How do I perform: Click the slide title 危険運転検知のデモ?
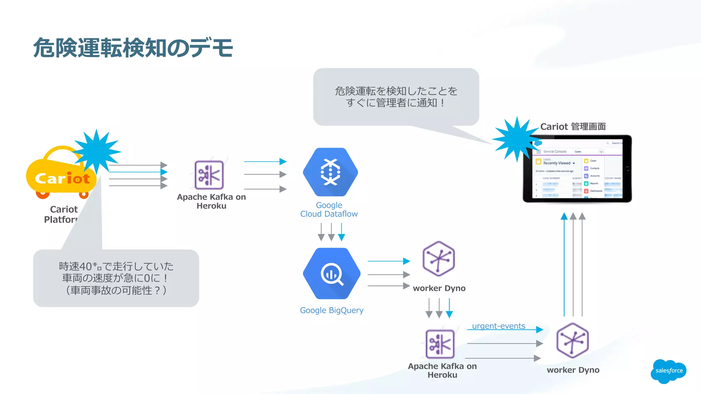(x=133, y=48)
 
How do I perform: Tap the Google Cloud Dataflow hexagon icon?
(x=330, y=172)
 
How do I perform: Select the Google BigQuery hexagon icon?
(x=331, y=273)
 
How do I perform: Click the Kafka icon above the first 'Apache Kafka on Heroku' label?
(x=209, y=175)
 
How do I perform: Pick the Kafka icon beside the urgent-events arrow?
(x=440, y=344)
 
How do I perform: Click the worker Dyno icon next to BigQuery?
(x=439, y=259)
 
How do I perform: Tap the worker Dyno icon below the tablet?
(x=573, y=340)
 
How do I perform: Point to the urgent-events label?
(x=498, y=326)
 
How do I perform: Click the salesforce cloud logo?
(x=668, y=371)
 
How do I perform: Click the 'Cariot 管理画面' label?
(x=573, y=127)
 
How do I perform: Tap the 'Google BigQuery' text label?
(x=332, y=310)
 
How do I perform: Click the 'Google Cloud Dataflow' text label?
(x=329, y=209)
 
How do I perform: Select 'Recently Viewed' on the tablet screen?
(x=557, y=163)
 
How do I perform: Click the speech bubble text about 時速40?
(x=116, y=278)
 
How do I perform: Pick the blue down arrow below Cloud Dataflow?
(x=342, y=232)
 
